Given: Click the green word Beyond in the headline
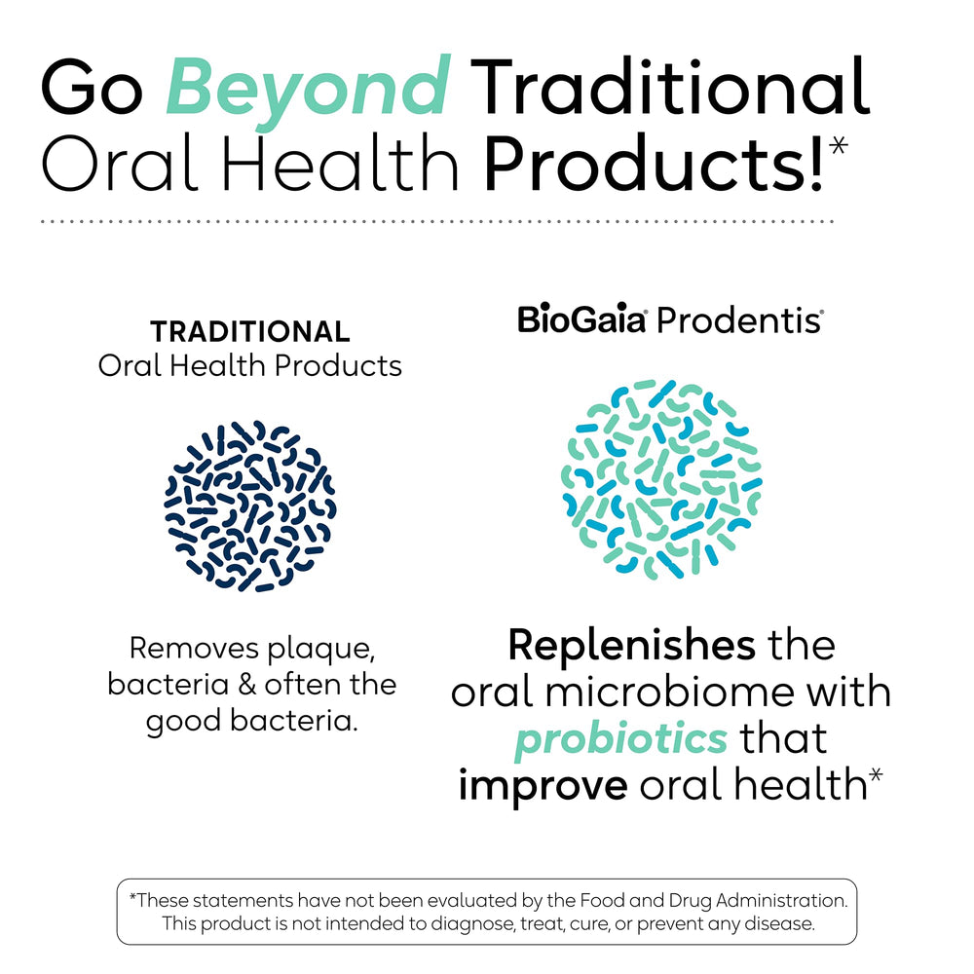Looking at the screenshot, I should click(307, 89).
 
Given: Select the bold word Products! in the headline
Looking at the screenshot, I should click(653, 163).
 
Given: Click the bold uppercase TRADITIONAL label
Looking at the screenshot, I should click(249, 332).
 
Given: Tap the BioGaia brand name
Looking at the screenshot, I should click(581, 319).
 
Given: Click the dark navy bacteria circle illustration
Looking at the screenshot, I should click(250, 506).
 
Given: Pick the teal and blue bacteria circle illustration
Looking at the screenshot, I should click(661, 479).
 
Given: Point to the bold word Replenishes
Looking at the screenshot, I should click(631, 645).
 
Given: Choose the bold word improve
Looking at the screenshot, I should click(543, 785).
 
